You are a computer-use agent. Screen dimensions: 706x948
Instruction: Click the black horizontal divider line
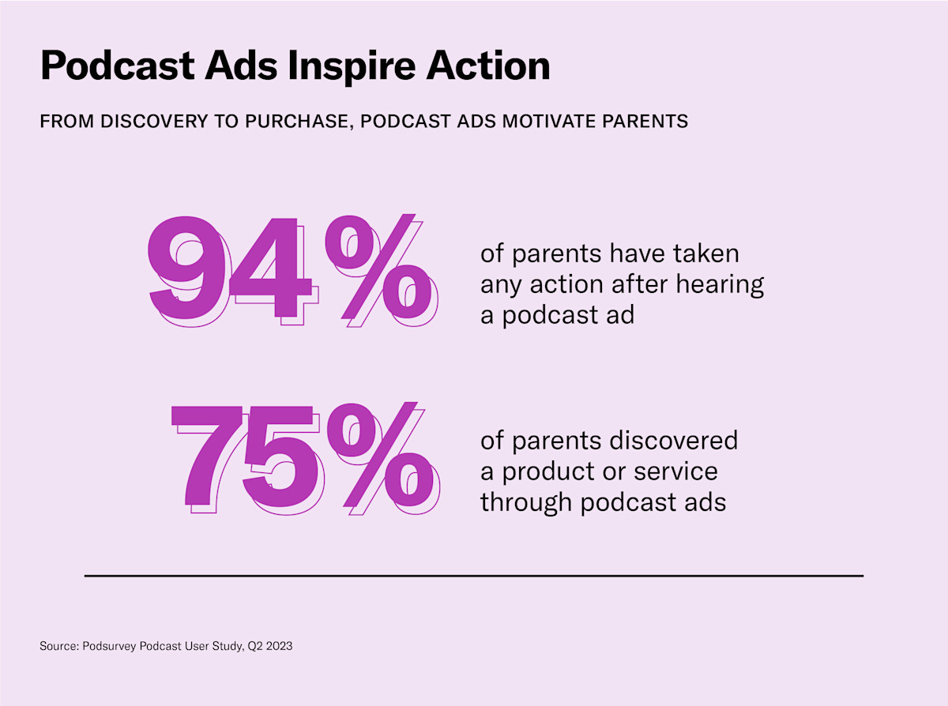474,576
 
